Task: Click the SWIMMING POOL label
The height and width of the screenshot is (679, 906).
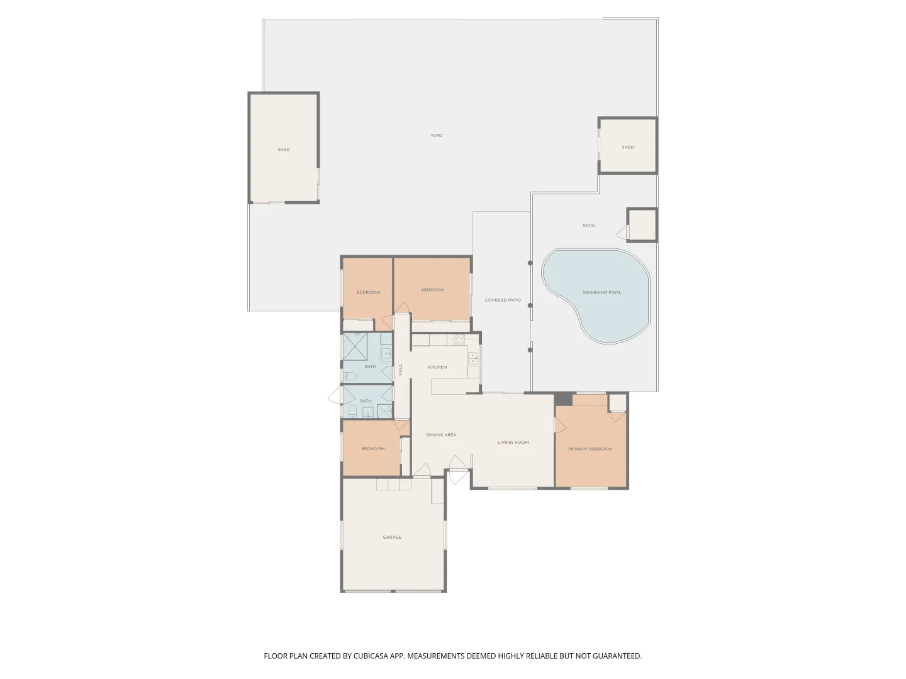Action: point(601,293)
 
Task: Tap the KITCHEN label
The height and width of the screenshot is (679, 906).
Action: point(437,367)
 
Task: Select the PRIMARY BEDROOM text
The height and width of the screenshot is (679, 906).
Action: point(590,449)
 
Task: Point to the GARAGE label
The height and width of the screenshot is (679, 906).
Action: point(392,538)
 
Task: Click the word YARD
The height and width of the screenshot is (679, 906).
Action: point(436,136)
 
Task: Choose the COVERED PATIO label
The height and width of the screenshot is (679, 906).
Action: point(503,301)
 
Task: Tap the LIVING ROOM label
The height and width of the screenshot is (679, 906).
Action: point(513,443)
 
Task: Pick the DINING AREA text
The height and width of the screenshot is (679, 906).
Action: point(441,435)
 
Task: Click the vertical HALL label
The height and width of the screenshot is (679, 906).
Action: point(400,370)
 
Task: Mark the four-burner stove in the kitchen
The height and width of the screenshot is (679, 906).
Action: point(459,339)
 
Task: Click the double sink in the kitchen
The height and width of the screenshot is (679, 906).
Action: point(473,358)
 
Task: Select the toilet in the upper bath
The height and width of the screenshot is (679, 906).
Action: point(350,377)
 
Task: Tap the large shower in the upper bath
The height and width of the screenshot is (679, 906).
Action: point(355,346)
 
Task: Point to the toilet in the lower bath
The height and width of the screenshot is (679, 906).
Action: point(353,412)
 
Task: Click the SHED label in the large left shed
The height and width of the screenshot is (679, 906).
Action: point(284,150)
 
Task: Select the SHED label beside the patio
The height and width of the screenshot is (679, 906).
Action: point(627,148)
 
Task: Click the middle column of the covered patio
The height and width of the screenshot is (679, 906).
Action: point(530,306)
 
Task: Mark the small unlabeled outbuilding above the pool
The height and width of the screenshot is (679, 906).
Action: point(642,225)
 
